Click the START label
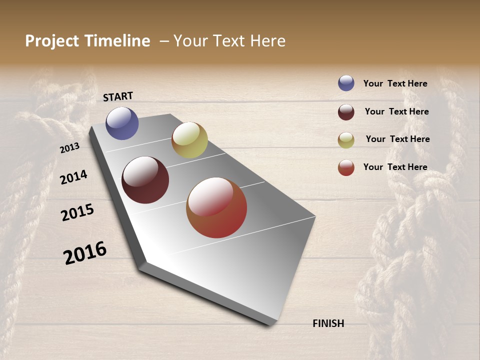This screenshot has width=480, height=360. pyautogui.click(x=118, y=96)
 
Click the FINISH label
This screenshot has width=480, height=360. pyautogui.click(x=328, y=323)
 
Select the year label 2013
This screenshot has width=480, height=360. pyautogui.click(x=69, y=148)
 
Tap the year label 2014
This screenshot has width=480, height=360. pyautogui.click(x=73, y=177)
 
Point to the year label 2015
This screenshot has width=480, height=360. pyautogui.click(x=77, y=212)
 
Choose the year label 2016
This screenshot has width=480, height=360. pyautogui.click(x=85, y=253)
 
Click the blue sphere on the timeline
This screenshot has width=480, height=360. pyautogui.click(x=122, y=123)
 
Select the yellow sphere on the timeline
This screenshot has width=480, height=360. pyautogui.click(x=189, y=140)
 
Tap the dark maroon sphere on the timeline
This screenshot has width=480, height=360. pyautogui.click(x=145, y=180)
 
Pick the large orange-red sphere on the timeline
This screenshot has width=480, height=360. pyautogui.click(x=216, y=207)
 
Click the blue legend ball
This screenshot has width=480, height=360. pyautogui.click(x=346, y=83)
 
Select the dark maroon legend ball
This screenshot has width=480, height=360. pyautogui.click(x=346, y=111)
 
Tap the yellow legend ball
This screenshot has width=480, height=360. pyautogui.click(x=346, y=139)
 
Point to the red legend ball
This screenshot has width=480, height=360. pyautogui.click(x=346, y=167)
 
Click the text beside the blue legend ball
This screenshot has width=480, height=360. pyautogui.click(x=395, y=83)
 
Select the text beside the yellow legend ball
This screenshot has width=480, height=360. pyautogui.click(x=397, y=139)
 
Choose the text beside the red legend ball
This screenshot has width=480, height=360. pyautogui.click(x=395, y=167)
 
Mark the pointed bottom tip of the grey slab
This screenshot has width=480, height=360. pyautogui.click(x=272, y=324)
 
